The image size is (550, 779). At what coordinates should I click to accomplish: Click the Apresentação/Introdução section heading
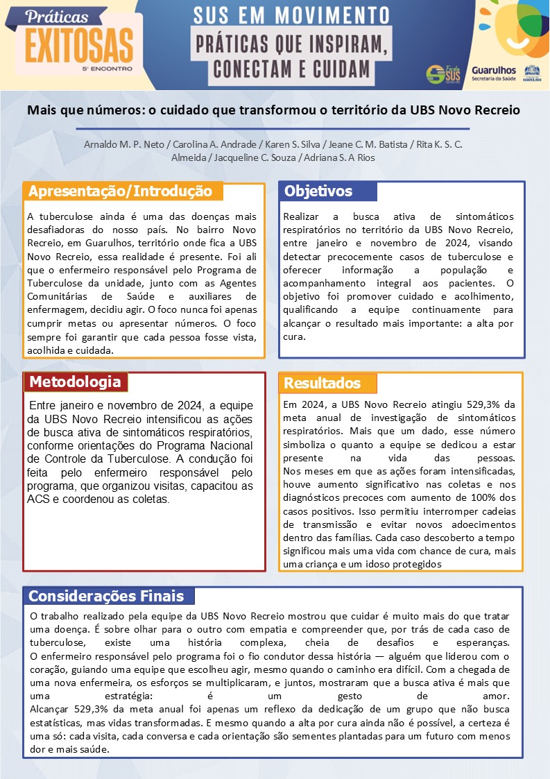[121, 191]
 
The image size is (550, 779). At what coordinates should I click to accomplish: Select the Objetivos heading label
[318, 191]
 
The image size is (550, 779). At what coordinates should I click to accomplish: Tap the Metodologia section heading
[75, 382]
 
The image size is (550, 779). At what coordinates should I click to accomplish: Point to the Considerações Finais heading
[106, 596]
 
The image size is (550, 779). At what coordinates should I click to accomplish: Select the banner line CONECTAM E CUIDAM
[291, 69]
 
